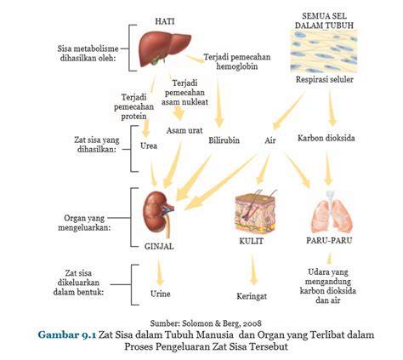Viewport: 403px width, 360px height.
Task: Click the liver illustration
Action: coord(164,49)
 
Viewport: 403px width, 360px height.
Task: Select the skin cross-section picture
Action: coord(255,211)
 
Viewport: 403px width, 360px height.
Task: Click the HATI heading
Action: coord(165,21)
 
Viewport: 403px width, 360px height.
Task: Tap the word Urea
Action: coord(149,146)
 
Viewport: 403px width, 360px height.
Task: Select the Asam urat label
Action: coord(184,130)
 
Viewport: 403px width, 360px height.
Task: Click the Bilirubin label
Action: coord(224,140)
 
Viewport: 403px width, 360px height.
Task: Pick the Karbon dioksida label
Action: coord(326,138)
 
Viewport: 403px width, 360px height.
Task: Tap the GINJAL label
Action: coord(159,246)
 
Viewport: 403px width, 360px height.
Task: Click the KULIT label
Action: coord(252,241)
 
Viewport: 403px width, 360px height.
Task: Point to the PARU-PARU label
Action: coord(329,241)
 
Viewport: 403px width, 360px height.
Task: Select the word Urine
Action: coord(161,294)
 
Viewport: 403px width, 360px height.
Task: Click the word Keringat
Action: coord(252,296)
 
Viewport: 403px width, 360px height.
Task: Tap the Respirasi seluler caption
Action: coord(325,79)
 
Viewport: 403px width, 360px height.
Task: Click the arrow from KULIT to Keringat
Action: coord(253,269)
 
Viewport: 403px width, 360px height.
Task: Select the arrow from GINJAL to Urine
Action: coord(160,271)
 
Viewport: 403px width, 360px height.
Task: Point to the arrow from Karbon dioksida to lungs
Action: coord(328,168)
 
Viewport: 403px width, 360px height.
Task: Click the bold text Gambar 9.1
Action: coord(67,334)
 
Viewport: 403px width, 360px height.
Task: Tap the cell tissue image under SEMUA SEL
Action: coord(324,51)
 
